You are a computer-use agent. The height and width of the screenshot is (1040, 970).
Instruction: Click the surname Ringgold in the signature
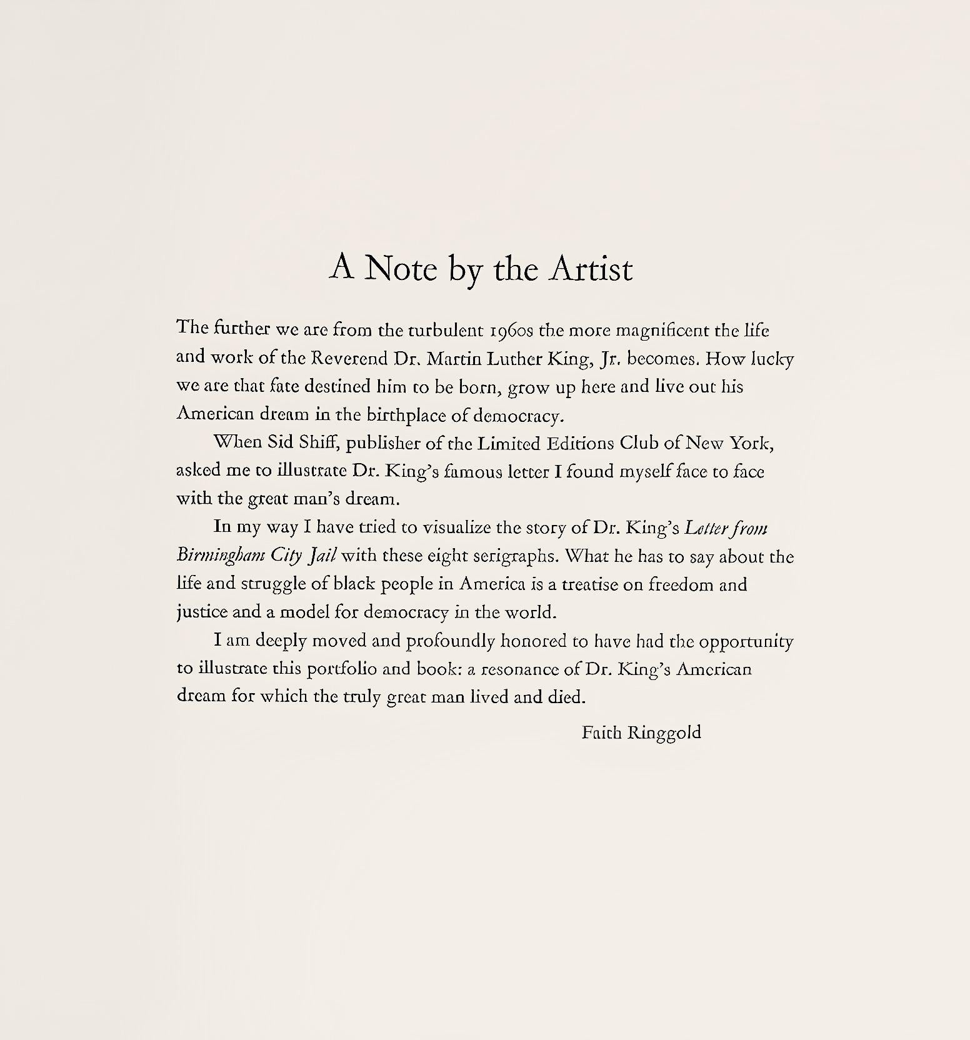[664, 732]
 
